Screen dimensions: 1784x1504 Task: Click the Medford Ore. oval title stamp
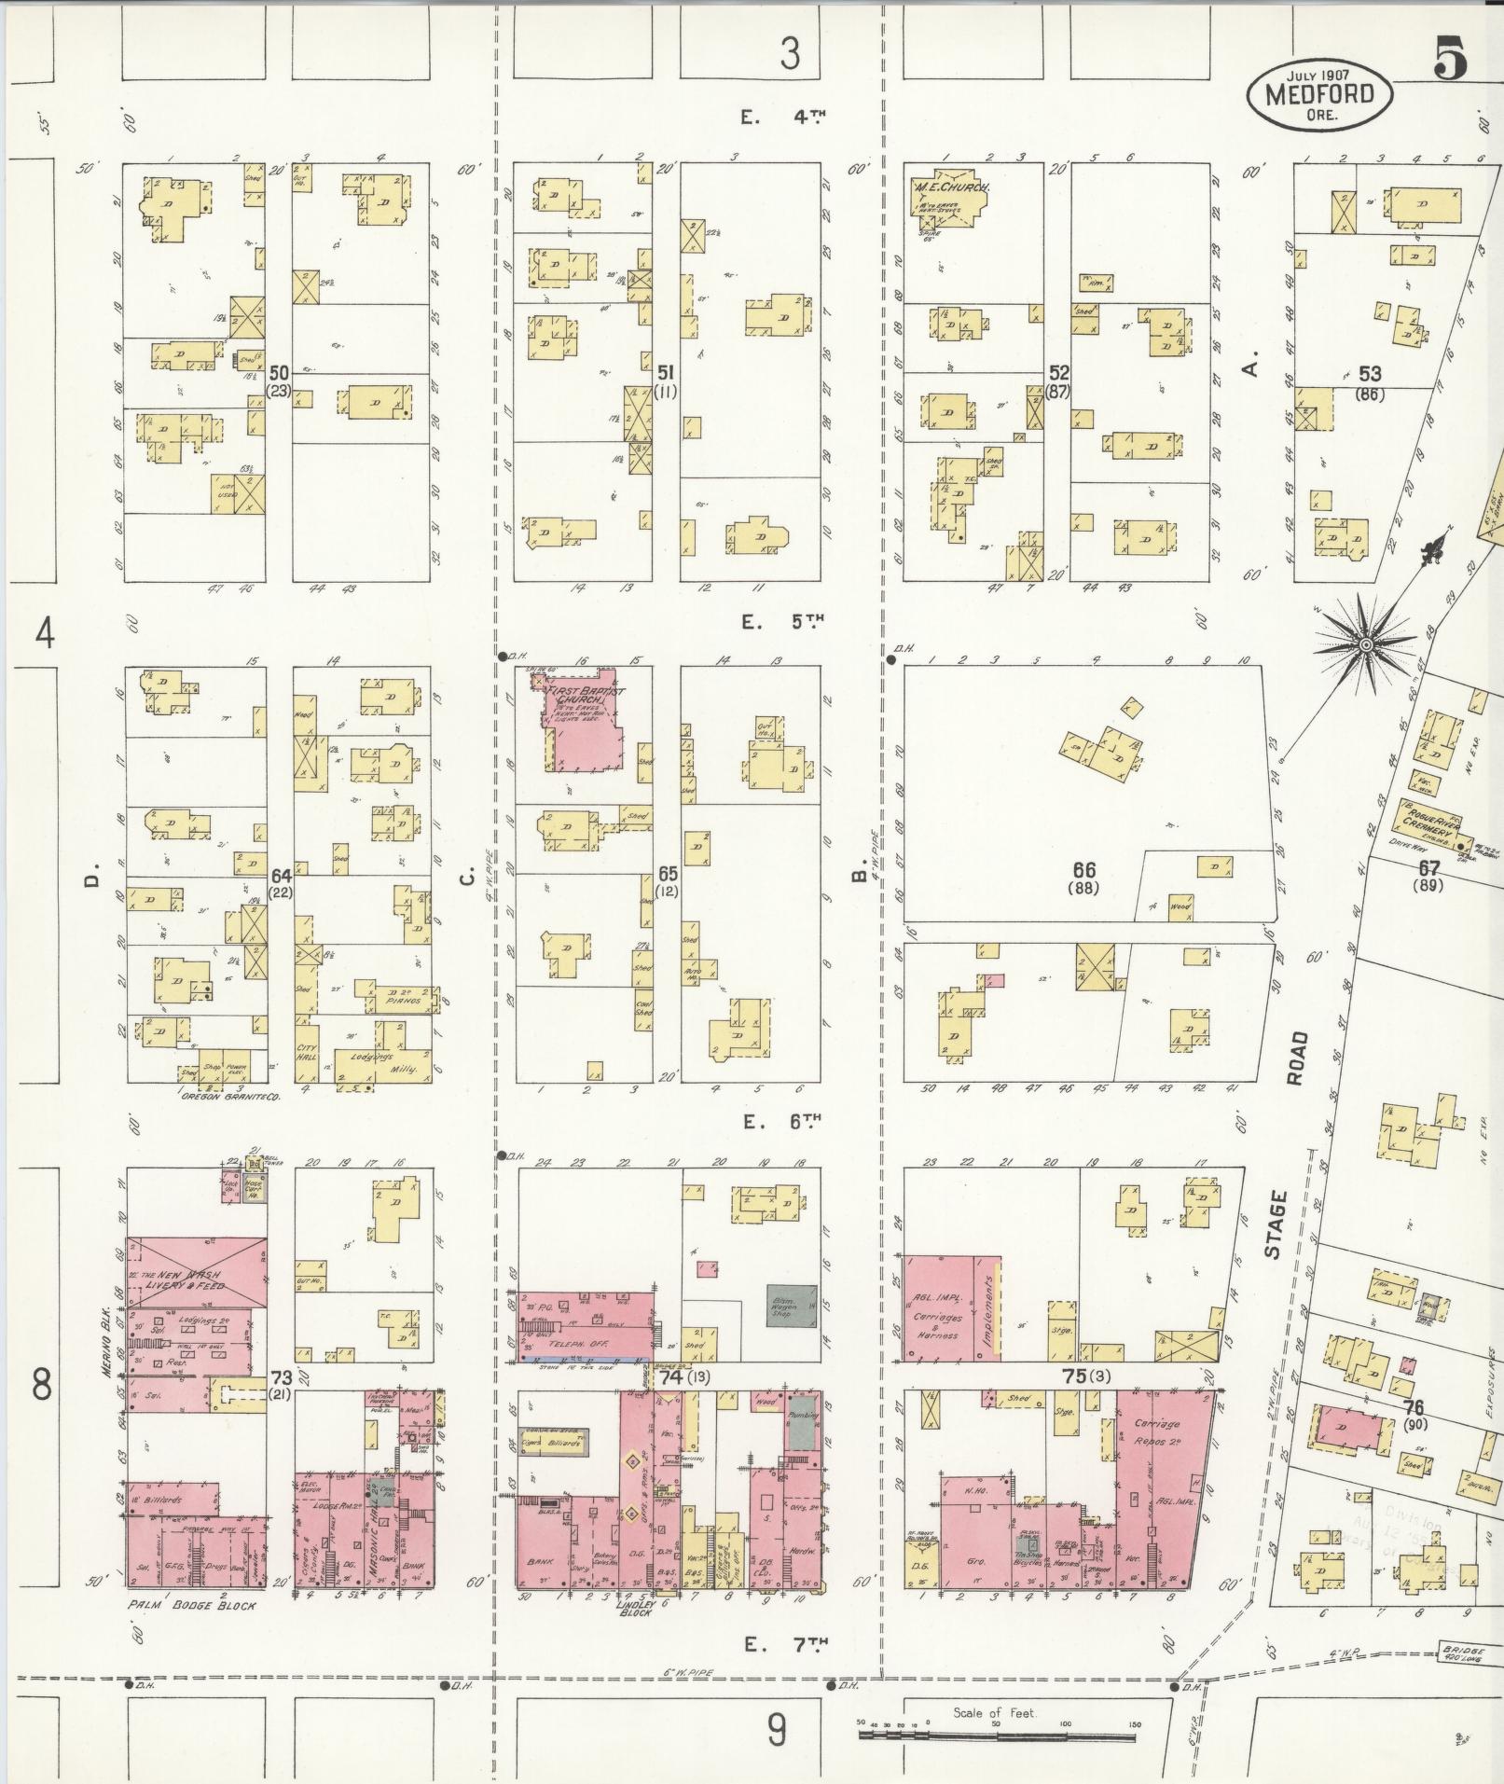click(x=1319, y=94)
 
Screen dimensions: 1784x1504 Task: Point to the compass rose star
click(x=1364, y=644)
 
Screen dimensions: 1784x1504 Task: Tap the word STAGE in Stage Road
click(x=1275, y=1224)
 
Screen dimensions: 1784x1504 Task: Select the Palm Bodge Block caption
click(x=191, y=1606)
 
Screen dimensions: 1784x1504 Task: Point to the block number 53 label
click(x=1369, y=374)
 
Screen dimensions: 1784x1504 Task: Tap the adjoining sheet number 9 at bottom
click(x=777, y=1732)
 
